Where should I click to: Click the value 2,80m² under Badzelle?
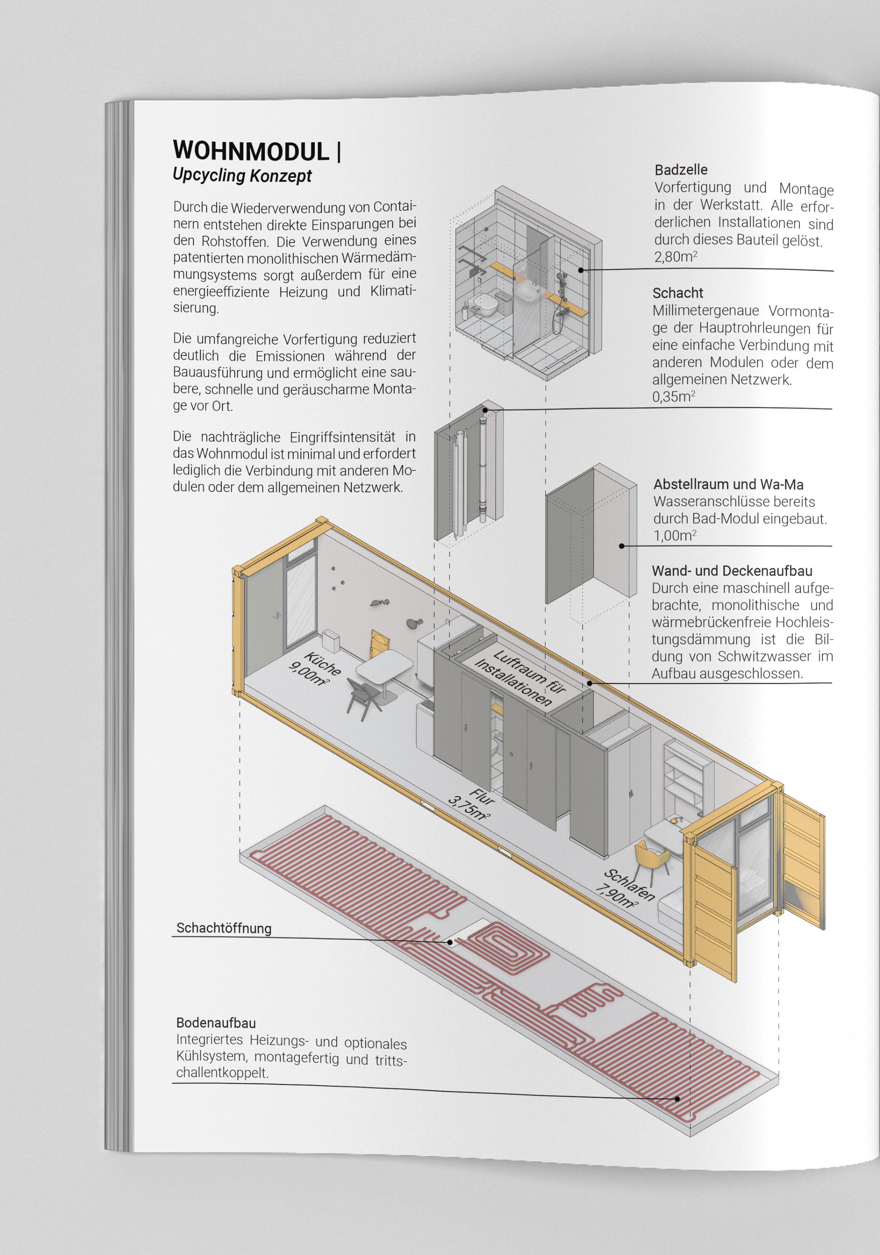(x=675, y=256)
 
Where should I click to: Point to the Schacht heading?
(x=678, y=293)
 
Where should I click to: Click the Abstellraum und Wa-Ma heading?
(x=728, y=484)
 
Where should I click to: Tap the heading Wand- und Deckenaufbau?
(x=732, y=571)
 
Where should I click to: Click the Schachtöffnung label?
(x=224, y=928)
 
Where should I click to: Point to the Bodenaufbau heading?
(x=216, y=1023)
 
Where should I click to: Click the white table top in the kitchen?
(x=384, y=668)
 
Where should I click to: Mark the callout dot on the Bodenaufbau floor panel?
(x=677, y=1099)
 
